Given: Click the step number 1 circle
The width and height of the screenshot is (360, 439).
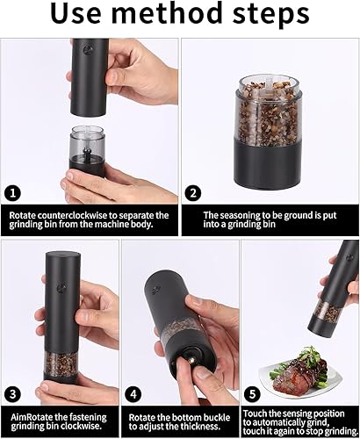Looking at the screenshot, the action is click(12, 193).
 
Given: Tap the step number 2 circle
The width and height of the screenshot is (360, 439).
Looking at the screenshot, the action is click(193, 193).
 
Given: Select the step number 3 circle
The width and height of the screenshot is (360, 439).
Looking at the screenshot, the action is click(12, 394).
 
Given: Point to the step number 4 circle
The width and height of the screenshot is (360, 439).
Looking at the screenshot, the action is click(133, 394).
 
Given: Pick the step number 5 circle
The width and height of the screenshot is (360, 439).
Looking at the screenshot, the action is click(252, 394).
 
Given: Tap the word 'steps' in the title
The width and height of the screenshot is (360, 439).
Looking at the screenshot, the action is click(270, 15).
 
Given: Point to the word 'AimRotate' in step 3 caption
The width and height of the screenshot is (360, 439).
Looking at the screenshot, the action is click(31, 417).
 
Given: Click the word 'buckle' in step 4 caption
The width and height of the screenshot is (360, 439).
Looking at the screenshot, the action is click(215, 417).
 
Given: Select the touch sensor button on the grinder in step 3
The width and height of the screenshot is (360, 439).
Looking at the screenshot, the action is click(61, 288).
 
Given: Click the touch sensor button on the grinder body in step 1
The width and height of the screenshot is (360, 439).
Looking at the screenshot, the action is click(87, 49).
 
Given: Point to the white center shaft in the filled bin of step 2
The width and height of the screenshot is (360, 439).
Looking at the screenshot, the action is click(268, 83).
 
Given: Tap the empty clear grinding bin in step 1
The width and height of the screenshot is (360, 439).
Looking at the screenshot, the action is click(87, 141).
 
